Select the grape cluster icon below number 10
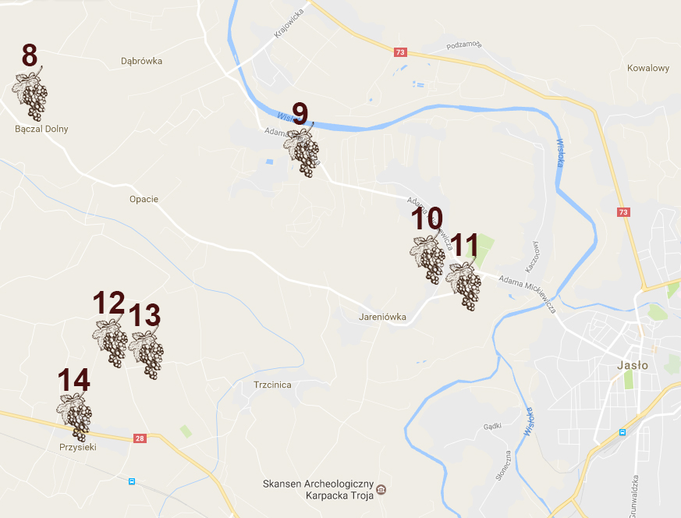coord(428,258)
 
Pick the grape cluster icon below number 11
coord(465,285)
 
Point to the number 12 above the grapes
coord(108,303)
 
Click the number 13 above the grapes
coord(144,316)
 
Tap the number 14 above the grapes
coord(73,381)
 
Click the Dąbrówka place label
coord(142,61)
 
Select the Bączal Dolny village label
coord(41,129)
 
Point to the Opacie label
coord(144,199)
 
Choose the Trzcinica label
coord(272,385)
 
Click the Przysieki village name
coord(77,448)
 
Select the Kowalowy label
coord(648,68)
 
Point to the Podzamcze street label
coord(465,45)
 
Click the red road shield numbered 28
coord(140,438)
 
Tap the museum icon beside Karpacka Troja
coord(381,490)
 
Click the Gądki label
coord(491,427)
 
